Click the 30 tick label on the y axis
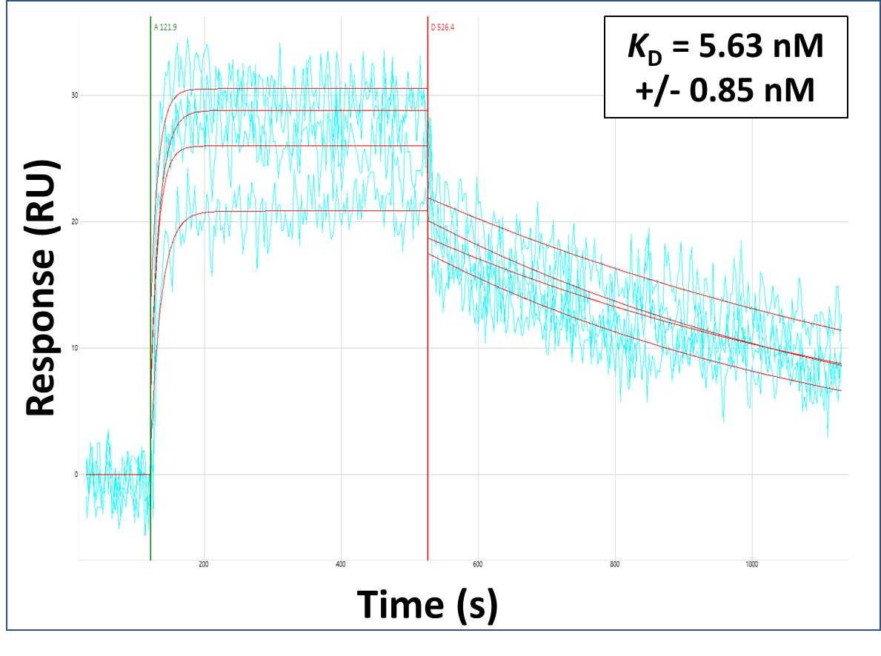(75, 96)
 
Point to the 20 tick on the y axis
(75, 222)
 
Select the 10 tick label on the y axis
(75, 348)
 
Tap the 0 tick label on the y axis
(75, 475)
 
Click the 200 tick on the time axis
(204, 565)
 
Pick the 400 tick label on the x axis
(341, 565)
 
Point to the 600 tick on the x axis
(478, 565)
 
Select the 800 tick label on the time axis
(614, 565)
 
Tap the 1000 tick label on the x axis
(751, 565)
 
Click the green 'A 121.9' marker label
(165, 27)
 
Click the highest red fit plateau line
(296, 89)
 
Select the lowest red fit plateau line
(296, 211)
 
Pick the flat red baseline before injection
(119, 475)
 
